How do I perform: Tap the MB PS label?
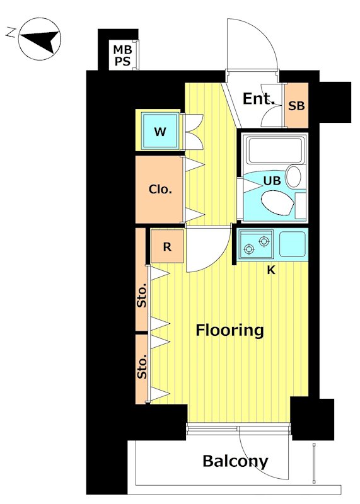(x=122, y=55)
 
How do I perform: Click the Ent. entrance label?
(x=258, y=99)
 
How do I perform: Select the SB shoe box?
(x=296, y=105)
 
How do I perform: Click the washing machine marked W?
(x=160, y=131)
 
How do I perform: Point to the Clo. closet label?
(x=160, y=190)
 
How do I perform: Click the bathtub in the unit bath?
(x=276, y=150)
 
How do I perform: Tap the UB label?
(x=272, y=181)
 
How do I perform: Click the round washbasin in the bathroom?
(x=293, y=177)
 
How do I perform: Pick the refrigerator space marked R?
(x=167, y=246)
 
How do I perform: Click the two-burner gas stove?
(x=257, y=245)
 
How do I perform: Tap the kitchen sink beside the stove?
(x=292, y=244)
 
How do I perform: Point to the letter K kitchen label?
(x=271, y=271)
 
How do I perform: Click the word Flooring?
(x=229, y=330)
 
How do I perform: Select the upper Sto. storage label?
(x=142, y=295)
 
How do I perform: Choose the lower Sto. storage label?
(x=142, y=367)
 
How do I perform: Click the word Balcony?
(x=235, y=462)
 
